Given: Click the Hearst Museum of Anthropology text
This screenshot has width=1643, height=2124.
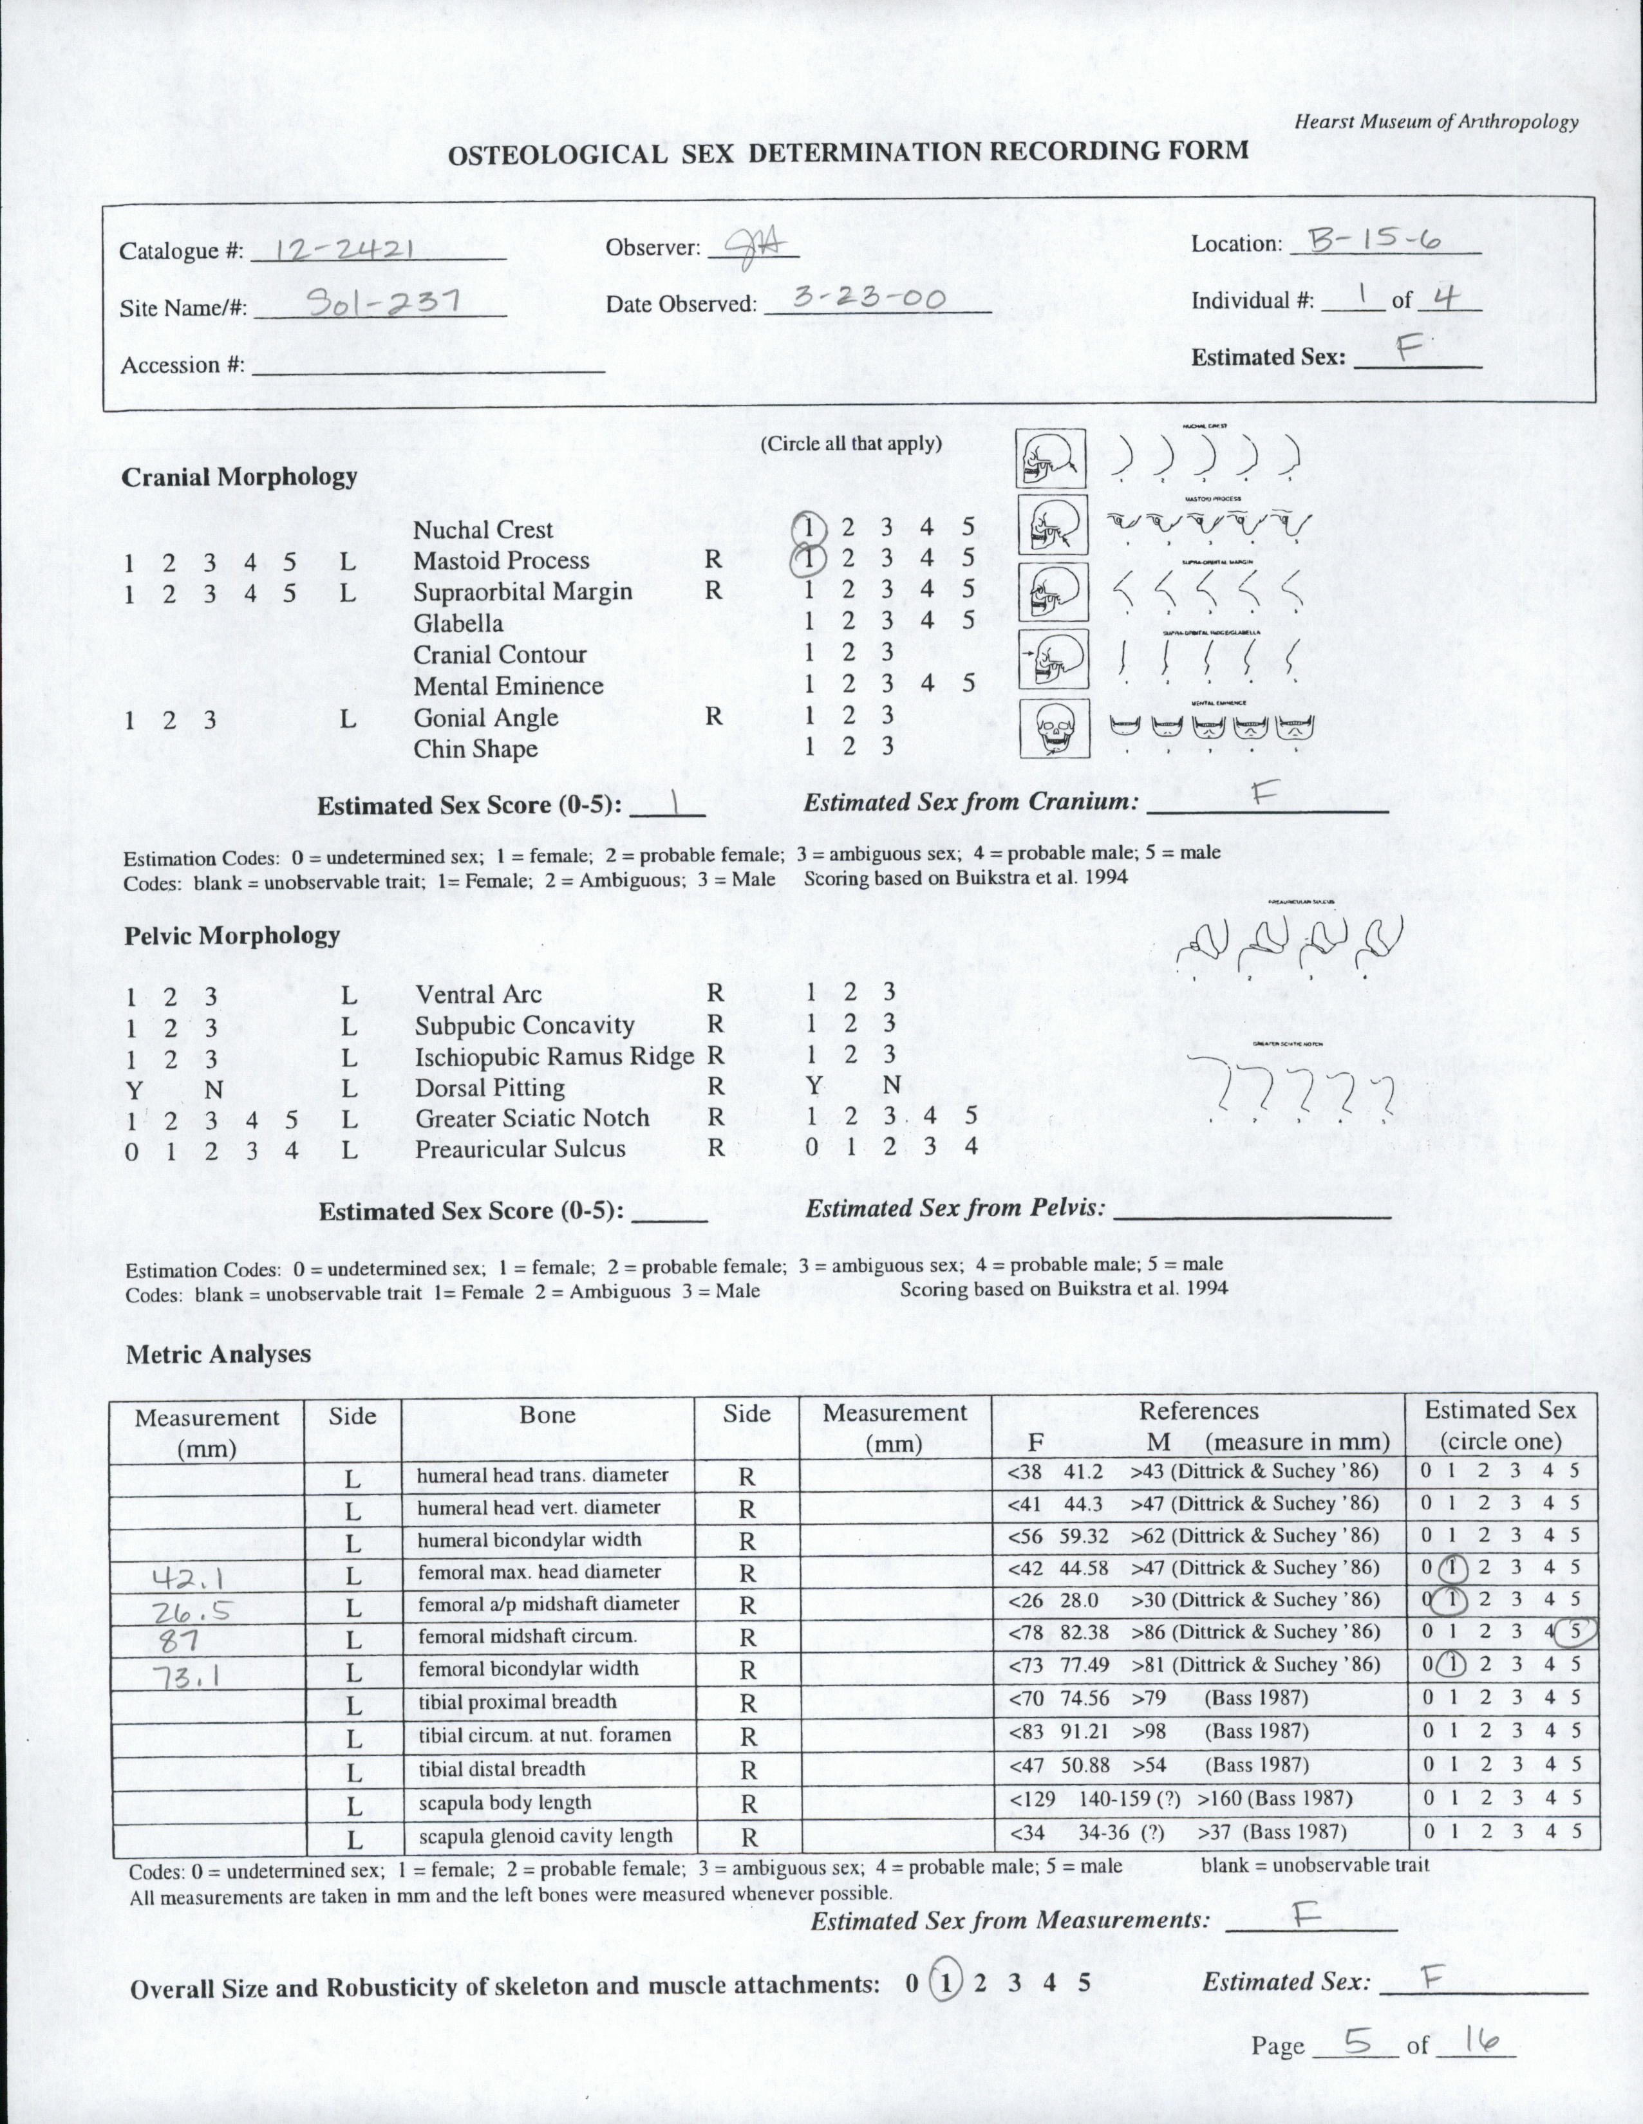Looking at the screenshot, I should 1436,122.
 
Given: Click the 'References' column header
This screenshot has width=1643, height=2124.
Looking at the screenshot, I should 1198,1411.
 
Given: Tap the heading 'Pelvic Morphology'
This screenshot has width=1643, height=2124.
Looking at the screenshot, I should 232,936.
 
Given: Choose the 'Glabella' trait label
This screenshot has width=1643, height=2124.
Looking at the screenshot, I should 458,624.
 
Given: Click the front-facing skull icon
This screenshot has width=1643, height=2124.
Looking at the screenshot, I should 1053,729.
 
